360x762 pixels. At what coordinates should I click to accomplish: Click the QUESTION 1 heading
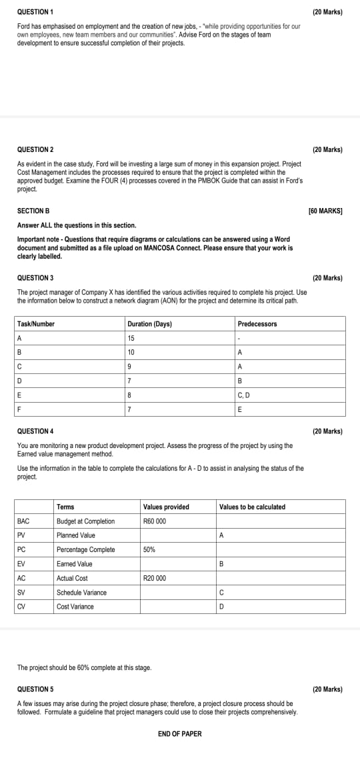pyautogui.click(x=35, y=13)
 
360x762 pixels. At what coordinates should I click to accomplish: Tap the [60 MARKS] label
pyautogui.click(x=325, y=211)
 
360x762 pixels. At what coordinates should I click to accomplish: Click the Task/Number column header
pyautogui.click(x=36, y=324)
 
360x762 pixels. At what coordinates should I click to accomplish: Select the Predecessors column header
pyautogui.click(x=257, y=324)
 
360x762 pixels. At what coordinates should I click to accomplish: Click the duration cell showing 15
pyautogui.click(x=131, y=338)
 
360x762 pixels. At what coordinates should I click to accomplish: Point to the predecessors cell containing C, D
pyautogui.click(x=245, y=395)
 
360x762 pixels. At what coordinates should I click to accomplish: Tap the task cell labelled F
pyautogui.click(x=19, y=409)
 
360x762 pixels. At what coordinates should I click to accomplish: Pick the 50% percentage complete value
pyautogui.click(x=150, y=550)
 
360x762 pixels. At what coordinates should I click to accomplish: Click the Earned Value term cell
pyautogui.click(x=75, y=564)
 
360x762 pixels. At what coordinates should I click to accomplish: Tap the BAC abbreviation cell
pyautogui.click(x=23, y=521)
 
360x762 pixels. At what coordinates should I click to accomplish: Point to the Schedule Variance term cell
pyautogui.click(x=81, y=593)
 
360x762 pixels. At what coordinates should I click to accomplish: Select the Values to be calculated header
pyautogui.click(x=252, y=507)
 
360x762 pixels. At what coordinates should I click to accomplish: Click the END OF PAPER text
pyautogui.click(x=179, y=734)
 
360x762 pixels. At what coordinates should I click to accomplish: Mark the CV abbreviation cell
pyautogui.click(x=22, y=607)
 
